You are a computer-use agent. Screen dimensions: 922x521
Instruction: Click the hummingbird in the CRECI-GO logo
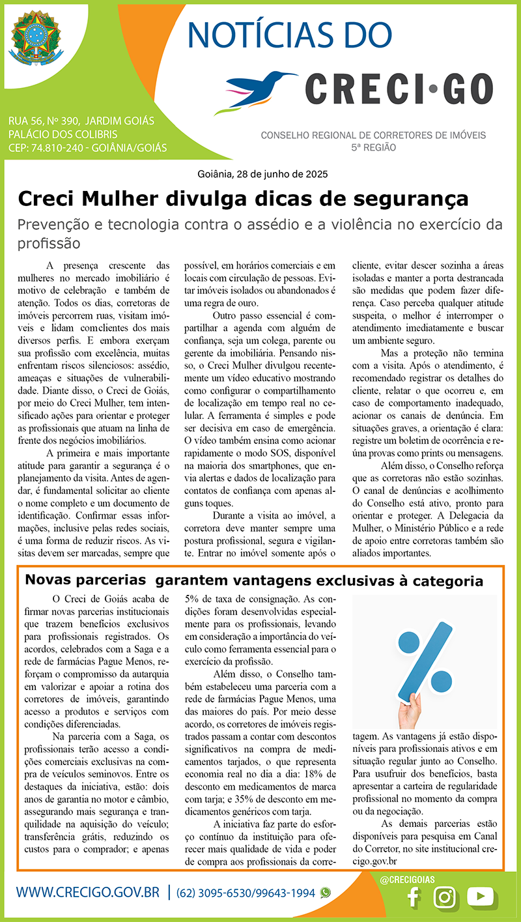260,87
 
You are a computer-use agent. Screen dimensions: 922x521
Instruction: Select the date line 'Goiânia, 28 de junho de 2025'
262,175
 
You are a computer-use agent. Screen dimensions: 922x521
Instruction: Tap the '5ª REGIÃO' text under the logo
373,148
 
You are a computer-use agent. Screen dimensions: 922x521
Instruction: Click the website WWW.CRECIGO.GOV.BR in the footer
88,892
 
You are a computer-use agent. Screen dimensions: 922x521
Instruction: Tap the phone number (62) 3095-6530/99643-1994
246,893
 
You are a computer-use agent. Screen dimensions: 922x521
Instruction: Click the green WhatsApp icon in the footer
326,893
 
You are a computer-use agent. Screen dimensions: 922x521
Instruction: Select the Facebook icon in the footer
412,897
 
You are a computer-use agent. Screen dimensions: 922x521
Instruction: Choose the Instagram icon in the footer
445,897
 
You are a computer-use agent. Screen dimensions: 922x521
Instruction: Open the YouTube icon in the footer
481,897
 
